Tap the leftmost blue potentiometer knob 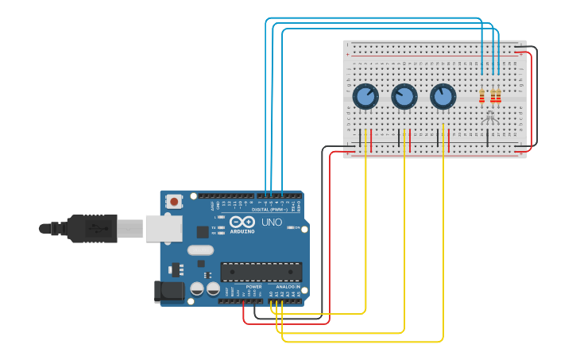365,97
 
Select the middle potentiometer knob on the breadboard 404,97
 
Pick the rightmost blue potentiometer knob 443,97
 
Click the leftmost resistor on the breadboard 481,96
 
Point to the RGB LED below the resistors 489,117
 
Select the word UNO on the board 272,222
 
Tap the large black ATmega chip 261,272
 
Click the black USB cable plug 92,229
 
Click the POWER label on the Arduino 253,287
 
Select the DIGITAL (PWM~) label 270,209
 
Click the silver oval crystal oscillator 201,250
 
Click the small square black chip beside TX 203,232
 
